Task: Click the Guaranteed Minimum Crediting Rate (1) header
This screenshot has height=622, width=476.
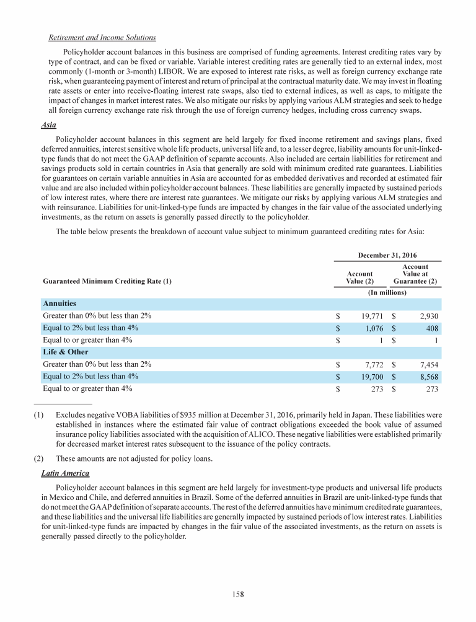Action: [x=107, y=281]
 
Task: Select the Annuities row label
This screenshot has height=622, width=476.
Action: [x=59, y=304]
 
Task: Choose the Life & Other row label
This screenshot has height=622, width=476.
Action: [x=64, y=353]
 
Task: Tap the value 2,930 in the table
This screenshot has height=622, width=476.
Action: [x=428, y=316]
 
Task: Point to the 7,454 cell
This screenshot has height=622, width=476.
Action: [x=428, y=365]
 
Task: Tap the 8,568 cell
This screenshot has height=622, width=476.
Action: [x=428, y=377]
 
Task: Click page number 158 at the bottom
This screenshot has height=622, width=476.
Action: [x=238, y=594]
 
